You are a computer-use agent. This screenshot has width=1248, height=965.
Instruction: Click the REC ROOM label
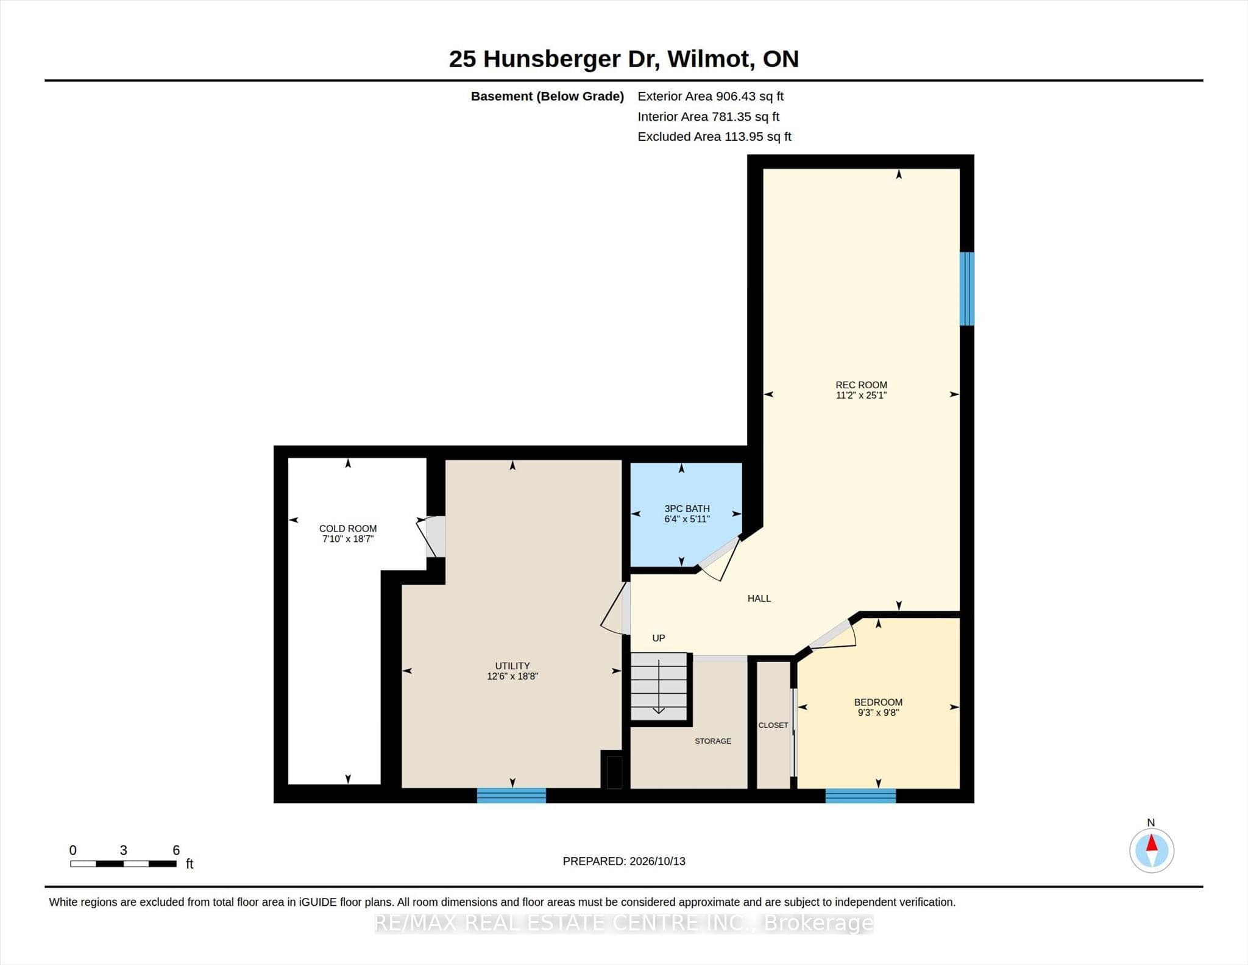(x=861, y=385)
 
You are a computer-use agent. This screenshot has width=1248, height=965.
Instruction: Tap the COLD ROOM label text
(x=348, y=529)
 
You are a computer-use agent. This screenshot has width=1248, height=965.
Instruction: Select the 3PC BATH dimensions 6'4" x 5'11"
(x=687, y=519)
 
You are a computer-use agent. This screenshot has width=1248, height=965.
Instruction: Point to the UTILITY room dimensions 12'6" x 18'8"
(x=512, y=676)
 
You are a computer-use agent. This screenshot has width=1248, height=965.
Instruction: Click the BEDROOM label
(x=878, y=702)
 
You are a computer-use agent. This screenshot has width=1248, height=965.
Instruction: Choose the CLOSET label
(x=773, y=725)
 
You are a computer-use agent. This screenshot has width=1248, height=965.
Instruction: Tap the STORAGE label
(x=713, y=741)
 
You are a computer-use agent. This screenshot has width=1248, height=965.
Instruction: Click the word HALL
(x=759, y=599)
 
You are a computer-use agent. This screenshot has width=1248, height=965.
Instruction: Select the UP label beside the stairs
(x=659, y=638)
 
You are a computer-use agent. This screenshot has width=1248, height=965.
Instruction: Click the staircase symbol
(x=659, y=686)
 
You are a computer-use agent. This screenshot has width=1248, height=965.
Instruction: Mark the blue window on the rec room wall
(x=967, y=289)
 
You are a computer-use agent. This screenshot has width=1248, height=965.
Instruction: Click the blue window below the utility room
(x=511, y=796)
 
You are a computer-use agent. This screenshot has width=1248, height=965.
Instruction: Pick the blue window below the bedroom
(x=860, y=796)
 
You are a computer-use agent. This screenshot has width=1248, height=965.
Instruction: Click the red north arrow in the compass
(x=1152, y=844)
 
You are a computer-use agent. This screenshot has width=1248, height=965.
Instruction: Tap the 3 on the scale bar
(x=124, y=850)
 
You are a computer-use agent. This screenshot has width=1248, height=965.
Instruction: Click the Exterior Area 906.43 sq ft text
(x=711, y=96)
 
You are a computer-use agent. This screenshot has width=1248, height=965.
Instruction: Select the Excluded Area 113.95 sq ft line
(x=714, y=137)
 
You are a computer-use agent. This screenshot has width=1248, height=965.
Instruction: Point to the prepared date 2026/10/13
(x=658, y=861)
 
